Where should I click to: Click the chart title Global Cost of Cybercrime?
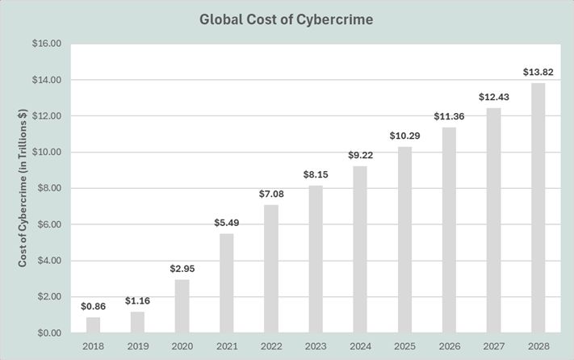[x=287, y=19]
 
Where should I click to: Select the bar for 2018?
[x=94, y=324]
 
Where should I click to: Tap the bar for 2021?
[x=227, y=283]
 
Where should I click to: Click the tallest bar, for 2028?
[x=538, y=208]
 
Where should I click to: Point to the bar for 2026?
[x=449, y=230]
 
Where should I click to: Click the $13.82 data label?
[x=538, y=73]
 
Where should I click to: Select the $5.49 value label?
[x=227, y=223]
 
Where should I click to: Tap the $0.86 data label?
[x=94, y=307]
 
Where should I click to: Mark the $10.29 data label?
[x=404, y=136]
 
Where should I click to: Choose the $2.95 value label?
[x=182, y=269]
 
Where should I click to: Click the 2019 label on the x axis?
[x=138, y=345]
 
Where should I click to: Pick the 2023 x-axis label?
[x=316, y=345]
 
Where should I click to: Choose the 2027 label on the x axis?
[x=494, y=345]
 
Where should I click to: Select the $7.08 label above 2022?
[x=271, y=194]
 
